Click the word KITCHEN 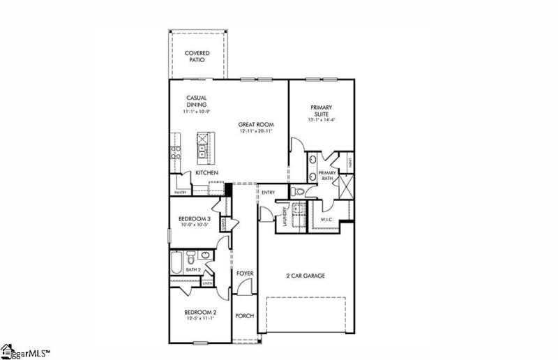[x=206, y=172]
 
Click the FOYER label [x=244, y=273]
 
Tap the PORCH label [x=244, y=316]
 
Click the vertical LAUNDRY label [x=285, y=217]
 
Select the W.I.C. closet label [x=328, y=221]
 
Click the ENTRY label [x=268, y=193]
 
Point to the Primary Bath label [x=327, y=176]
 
